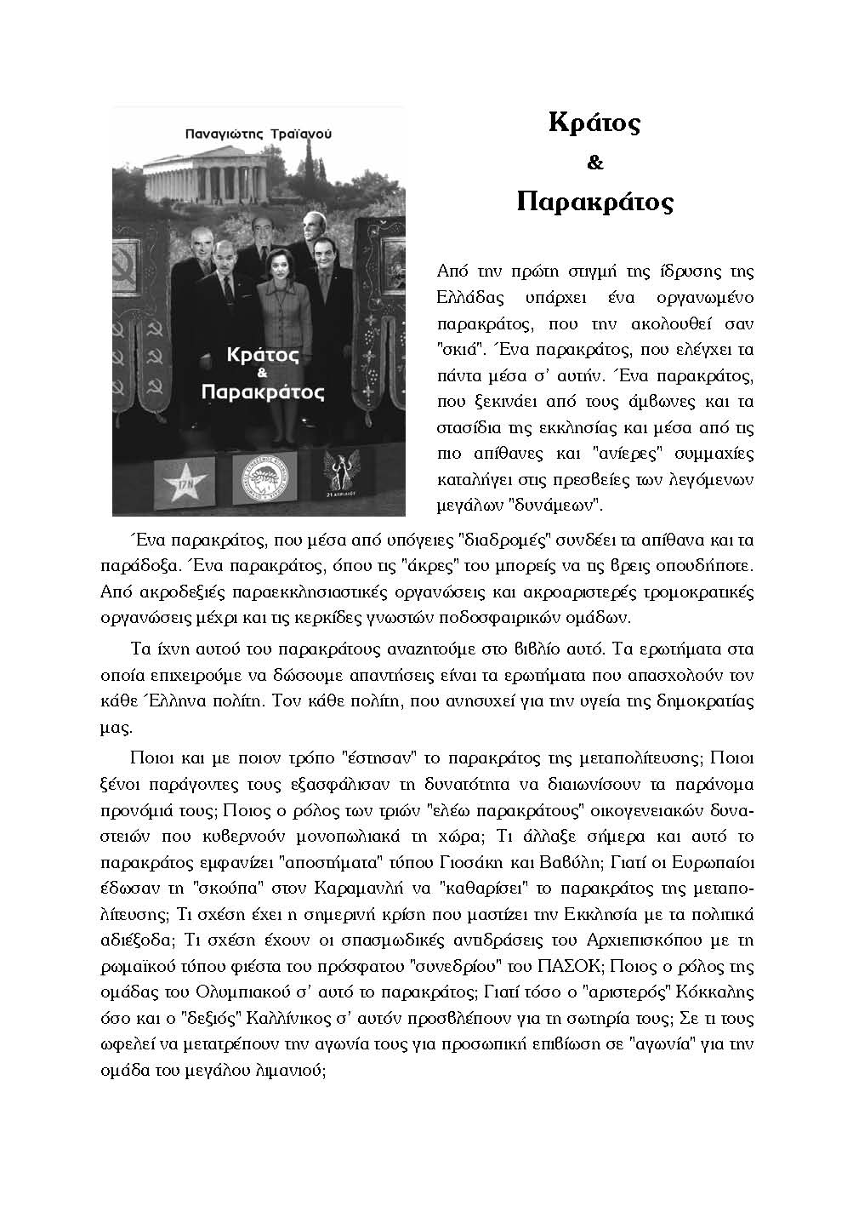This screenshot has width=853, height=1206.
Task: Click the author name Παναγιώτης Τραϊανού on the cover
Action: [258, 134]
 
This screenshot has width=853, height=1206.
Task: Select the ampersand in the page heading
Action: [594, 162]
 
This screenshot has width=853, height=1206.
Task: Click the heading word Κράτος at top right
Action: [594, 123]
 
